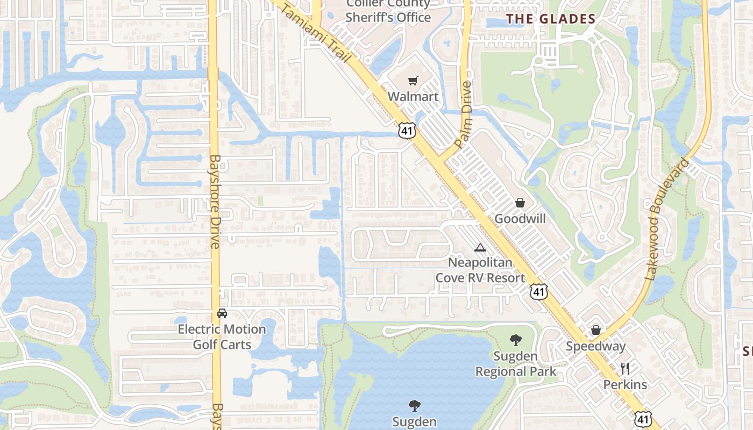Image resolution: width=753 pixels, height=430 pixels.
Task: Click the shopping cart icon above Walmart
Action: (x=413, y=81)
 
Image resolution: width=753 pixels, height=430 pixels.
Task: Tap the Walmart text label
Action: (x=413, y=97)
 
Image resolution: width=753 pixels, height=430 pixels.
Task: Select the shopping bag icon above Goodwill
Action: (x=520, y=203)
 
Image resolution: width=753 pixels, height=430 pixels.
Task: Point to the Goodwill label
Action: (x=520, y=219)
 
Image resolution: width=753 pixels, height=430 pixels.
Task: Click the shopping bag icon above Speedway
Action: (x=596, y=330)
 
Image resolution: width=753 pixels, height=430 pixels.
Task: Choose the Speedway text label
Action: (x=596, y=346)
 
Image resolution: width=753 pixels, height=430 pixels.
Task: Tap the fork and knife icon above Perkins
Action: (x=625, y=369)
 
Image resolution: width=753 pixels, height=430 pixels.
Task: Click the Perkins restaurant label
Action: (x=625, y=385)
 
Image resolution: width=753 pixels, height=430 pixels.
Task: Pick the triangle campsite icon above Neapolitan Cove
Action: (x=480, y=247)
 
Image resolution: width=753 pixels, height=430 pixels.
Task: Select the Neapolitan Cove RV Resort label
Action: (x=480, y=270)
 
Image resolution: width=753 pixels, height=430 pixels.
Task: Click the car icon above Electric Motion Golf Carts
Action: (x=222, y=313)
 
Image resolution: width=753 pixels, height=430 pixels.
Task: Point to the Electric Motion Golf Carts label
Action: (x=222, y=336)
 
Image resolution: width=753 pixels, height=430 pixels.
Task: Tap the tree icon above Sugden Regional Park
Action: (x=515, y=340)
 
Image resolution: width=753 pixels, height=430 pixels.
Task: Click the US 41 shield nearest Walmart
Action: (x=407, y=130)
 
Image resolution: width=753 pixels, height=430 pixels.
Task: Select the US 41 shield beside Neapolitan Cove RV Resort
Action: (x=538, y=291)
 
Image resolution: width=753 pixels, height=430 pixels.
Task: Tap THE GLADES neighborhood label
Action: (x=551, y=19)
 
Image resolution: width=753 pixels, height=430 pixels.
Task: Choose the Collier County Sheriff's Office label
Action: (x=388, y=11)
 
